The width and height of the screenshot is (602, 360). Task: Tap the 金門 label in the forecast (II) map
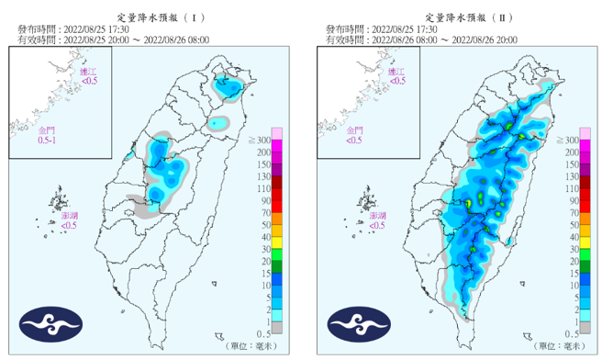(x=356, y=131)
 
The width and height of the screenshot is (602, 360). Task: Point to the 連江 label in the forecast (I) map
(x=87, y=72)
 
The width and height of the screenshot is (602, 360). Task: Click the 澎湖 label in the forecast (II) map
(x=381, y=214)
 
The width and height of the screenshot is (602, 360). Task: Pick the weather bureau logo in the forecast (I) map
(x=52, y=322)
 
